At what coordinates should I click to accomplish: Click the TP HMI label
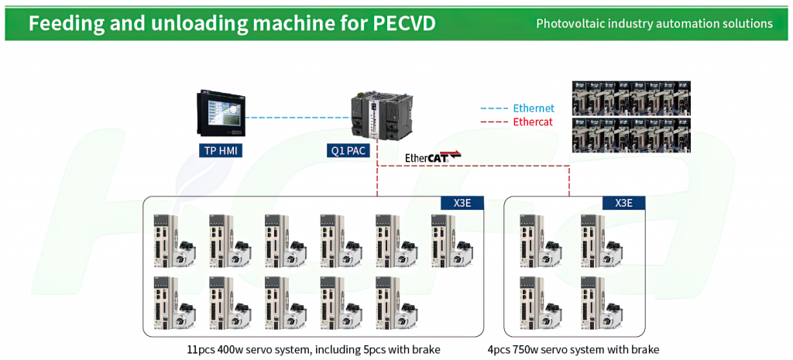(x=221, y=150)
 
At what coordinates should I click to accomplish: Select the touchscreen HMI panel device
(x=220, y=113)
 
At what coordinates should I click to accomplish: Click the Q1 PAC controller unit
(x=379, y=117)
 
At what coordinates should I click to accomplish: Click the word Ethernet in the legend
(x=534, y=108)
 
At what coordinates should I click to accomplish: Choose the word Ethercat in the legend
(x=533, y=122)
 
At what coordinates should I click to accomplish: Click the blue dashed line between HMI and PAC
(x=298, y=118)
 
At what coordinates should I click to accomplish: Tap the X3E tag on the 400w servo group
(x=462, y=203)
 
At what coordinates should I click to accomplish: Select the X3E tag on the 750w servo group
(x=623, y=203)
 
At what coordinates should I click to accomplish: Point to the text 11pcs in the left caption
(x=199, y=349)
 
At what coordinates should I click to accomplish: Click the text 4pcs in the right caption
(x=499, y=349)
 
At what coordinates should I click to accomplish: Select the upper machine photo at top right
(x=631, y=98)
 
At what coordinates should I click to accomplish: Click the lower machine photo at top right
(x=631, y=135)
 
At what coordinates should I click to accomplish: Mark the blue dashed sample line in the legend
(x=493, y=108)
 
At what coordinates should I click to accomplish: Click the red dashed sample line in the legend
(x=493, y=122)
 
